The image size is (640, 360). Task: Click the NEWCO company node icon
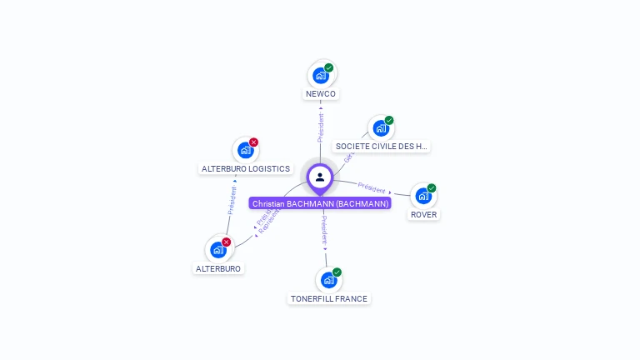click(320, 76)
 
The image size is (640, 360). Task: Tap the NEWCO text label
click(321, 94)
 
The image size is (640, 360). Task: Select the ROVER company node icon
click(423, 196)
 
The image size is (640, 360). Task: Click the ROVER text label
click(424, 214)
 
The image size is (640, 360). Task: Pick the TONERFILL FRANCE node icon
click(328, 280)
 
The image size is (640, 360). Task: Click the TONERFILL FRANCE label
click(328, 298)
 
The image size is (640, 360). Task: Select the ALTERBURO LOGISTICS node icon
click(245, 150)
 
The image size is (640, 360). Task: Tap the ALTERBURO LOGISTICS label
click(246, 168)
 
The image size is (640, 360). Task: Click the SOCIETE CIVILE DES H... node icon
click(381, 128)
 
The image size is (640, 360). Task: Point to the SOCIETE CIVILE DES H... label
click(382, 147)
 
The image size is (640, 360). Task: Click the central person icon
click(320, 177)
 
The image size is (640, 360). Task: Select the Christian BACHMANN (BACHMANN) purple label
click(320, 203)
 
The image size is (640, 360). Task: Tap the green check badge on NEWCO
click(329, 67)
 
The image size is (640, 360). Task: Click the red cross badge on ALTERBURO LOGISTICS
click(254, 142)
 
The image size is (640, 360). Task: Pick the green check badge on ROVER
click(432, 187)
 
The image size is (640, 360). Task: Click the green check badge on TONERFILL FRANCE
click(337, 272)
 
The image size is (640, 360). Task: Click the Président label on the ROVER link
click(372, 188)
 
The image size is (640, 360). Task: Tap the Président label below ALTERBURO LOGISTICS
click(232, 201)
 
